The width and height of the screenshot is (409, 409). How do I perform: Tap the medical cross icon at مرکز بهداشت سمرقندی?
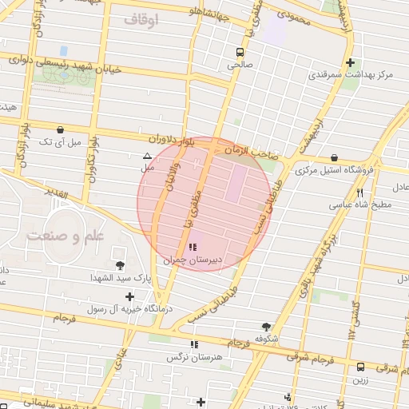coord(350,62)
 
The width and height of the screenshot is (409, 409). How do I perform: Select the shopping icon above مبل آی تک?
coord(61,129)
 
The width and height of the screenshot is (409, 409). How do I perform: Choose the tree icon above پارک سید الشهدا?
coord(120,265)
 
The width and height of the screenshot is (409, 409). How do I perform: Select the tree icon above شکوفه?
coord(266,326)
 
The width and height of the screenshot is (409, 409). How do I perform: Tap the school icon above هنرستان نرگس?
coord(193,344)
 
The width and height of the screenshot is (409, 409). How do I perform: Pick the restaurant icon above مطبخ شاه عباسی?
coord(360,193)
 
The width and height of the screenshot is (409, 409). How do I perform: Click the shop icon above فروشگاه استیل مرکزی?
coord(333,157)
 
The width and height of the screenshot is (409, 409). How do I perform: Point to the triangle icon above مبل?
coord(147,157)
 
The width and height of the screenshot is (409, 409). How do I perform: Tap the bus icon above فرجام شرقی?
coord(360,367)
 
